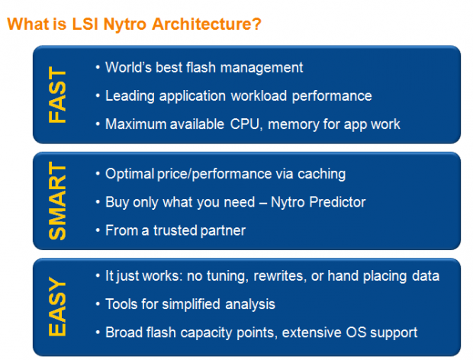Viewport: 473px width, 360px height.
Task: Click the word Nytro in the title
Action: point(125,24)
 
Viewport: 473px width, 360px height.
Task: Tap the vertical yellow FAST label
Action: point(57,95)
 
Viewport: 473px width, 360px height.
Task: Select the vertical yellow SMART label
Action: point(57,201)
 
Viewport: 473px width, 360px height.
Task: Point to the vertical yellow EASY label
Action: point(57,307)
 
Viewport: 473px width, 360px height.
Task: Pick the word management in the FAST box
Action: point(262,68)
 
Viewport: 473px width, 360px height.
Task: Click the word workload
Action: point(259,96)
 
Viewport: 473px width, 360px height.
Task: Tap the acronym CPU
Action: point(245,124)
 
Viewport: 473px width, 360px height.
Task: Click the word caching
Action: point(322,174)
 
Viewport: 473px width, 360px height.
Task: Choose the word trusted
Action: point(175,230)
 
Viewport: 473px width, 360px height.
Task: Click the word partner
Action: point(223,231)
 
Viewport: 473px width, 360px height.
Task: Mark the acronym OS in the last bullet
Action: point(356,333)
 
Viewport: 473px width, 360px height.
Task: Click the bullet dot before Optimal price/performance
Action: point(98,174)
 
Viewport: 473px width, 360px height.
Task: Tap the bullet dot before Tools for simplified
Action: point(98,304)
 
